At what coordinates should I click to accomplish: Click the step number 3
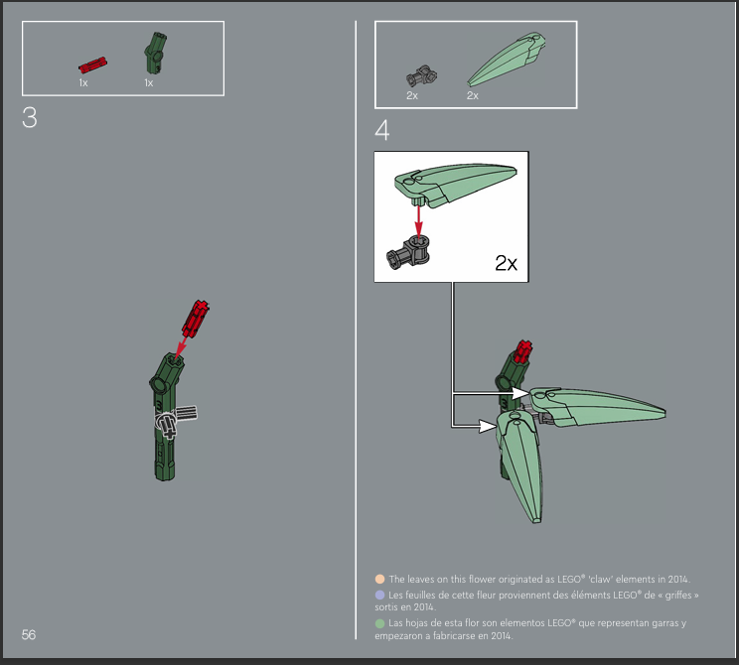(29, 118)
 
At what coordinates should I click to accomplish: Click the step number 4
(382, 130)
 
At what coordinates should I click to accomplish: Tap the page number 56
(28, 635)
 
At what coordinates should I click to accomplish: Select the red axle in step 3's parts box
(92, 65)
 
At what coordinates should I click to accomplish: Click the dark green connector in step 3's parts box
(155, 53)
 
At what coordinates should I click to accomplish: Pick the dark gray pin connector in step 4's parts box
(421, 75)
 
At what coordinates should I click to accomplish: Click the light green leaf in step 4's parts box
(507, 60)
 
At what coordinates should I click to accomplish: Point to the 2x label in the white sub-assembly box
(507, 263)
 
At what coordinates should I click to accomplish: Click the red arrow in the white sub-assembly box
(418, 220)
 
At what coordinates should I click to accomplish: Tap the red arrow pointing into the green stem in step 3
(180, 349)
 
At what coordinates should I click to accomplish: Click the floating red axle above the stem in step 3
(196, 319)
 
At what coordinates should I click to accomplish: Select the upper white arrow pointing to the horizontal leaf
(490, 393)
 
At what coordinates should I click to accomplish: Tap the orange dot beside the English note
(379, 580)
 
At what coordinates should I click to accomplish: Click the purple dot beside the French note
(379, 596)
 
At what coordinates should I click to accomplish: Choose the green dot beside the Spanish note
(379, 623)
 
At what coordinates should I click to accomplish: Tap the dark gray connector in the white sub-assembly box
(408, 252)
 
